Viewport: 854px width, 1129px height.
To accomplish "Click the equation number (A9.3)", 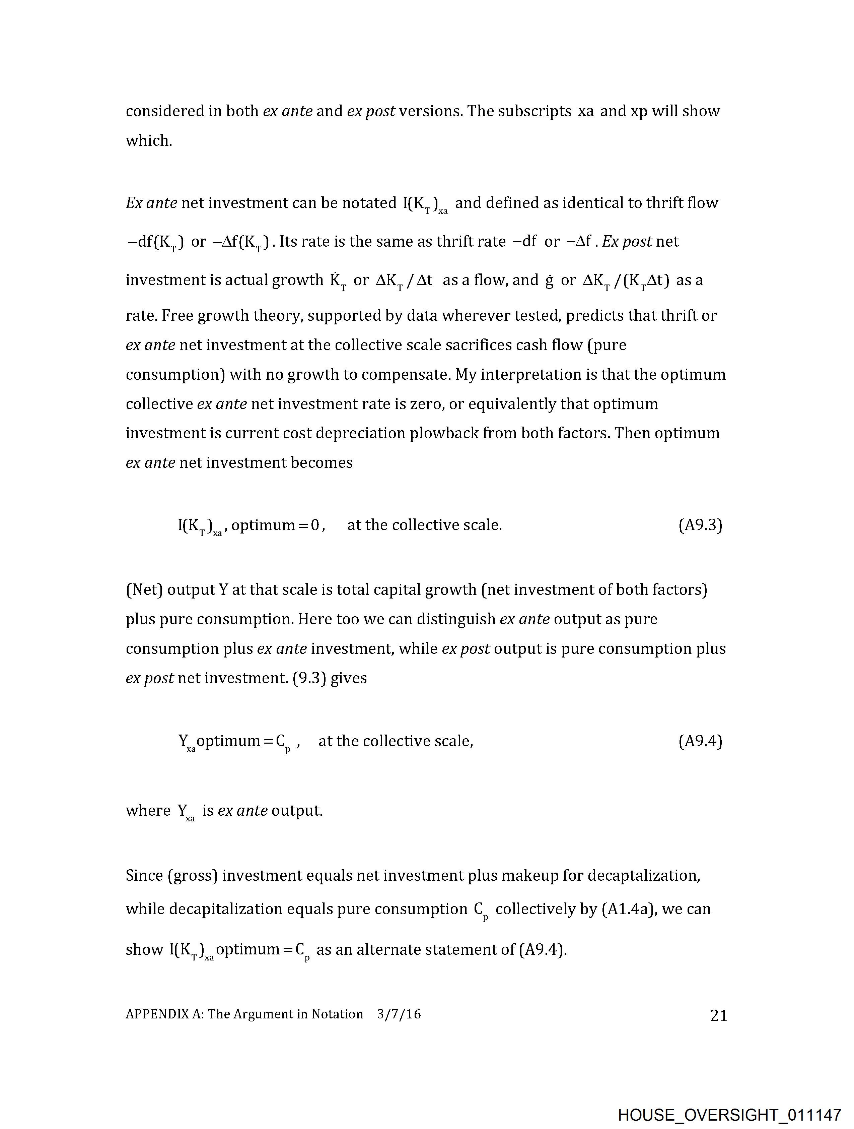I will (x=700, y=525).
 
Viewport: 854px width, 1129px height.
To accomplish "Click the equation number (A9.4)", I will (x=700, y=741).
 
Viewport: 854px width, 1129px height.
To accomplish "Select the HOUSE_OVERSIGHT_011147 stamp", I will (x=729, y=1115).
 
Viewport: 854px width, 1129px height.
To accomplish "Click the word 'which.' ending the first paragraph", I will (x=149, y=140).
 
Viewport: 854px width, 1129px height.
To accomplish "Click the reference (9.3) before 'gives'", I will (x=309, y=678).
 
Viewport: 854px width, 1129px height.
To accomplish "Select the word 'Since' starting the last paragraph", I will (x=144, y=875).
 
